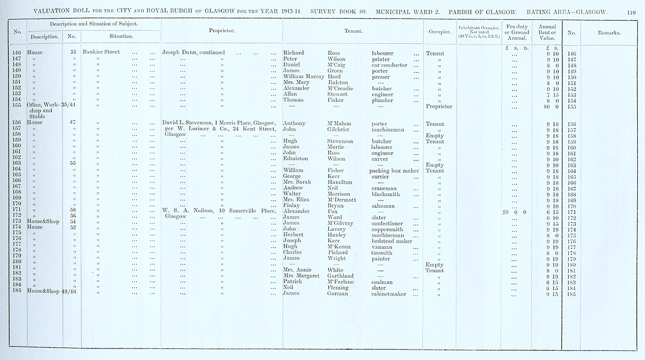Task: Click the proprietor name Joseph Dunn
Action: tap(178, 52)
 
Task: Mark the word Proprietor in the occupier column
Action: tap(439, 106)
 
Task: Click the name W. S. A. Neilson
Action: tap(188, 210)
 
